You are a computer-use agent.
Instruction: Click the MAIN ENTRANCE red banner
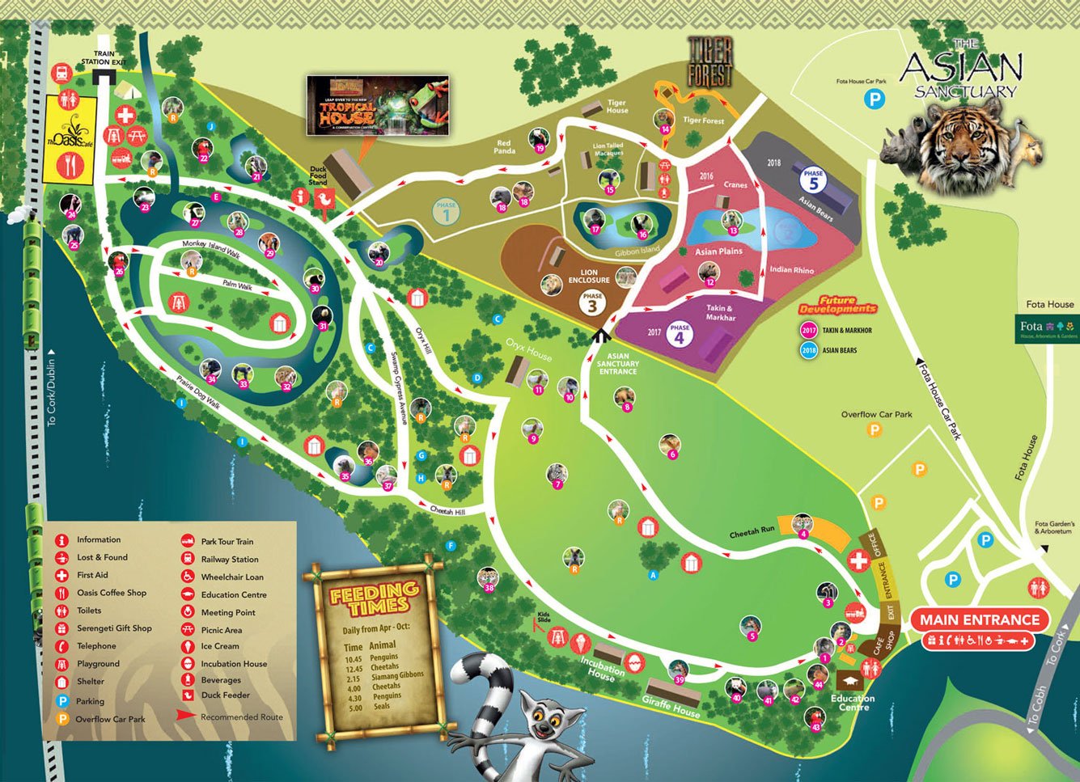979,620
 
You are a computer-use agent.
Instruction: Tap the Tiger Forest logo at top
709,61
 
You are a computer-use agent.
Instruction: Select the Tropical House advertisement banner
378,105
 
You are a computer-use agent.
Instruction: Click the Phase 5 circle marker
813,179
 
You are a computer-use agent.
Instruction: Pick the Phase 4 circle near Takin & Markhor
679,333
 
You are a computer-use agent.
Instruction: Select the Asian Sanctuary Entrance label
618,364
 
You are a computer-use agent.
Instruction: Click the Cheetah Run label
752,532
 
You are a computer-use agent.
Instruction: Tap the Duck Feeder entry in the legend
225,695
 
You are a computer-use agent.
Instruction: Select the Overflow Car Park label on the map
876,414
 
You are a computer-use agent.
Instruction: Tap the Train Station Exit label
104,57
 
